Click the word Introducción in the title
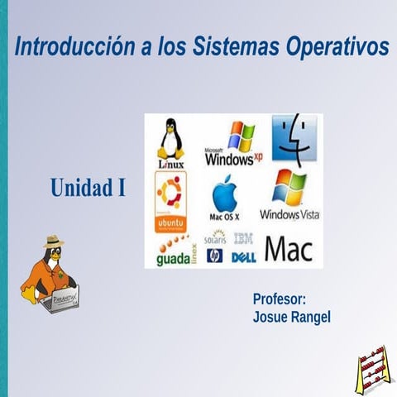tap(73, 48)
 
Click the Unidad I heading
tap(88, 189)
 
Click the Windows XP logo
tap(234, 143)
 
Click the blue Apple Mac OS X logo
tap(225, 198)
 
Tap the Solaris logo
tap(214, 238)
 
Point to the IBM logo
tap(243, 239)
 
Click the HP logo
tap(214, 256)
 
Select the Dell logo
tap(243, 257)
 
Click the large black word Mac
tap(289, 249)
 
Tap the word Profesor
tap(280, 299)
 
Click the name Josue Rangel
tap(291, 317)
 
